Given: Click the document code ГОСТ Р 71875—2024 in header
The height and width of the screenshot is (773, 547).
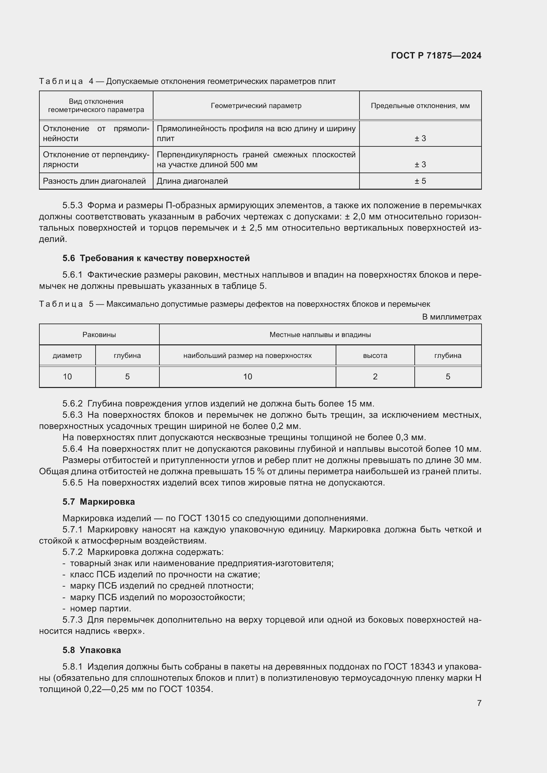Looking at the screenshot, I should tap(436, 56).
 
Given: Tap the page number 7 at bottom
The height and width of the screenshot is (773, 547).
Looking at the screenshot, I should tap(479, 703).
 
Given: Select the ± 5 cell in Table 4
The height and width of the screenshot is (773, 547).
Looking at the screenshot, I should tap(420, 181).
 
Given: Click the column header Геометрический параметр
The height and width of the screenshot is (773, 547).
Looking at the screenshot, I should tap(256, 106).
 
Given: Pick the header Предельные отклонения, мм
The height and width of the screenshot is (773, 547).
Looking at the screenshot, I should tap(420, 106).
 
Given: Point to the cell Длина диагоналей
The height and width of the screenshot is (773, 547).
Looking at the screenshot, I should tap(192, 181).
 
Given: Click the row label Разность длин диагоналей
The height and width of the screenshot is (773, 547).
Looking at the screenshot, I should tap(94, 181).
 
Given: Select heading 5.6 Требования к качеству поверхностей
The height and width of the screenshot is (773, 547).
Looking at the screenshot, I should tap(156, 258).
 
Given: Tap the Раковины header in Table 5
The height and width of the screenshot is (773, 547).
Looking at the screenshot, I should tap(99, 335).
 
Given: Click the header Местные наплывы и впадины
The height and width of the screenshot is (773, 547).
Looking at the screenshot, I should tap(320, 335).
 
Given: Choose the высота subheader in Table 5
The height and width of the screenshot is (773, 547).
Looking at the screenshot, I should tap(375, 356).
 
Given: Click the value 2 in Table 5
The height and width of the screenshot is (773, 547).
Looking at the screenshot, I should tap(375, 377).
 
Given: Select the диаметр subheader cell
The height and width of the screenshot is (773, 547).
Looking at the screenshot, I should tap(67, 356).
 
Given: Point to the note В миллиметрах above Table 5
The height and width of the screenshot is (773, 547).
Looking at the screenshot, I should tap(452, 317).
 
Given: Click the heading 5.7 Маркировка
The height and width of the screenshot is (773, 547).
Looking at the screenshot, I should tap(98, 502).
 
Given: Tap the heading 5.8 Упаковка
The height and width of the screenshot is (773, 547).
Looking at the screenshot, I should tap(92, 650).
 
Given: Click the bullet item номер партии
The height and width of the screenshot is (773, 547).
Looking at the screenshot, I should tap(101, 608).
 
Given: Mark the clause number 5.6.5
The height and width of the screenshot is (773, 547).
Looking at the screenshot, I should tap(72, 483).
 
